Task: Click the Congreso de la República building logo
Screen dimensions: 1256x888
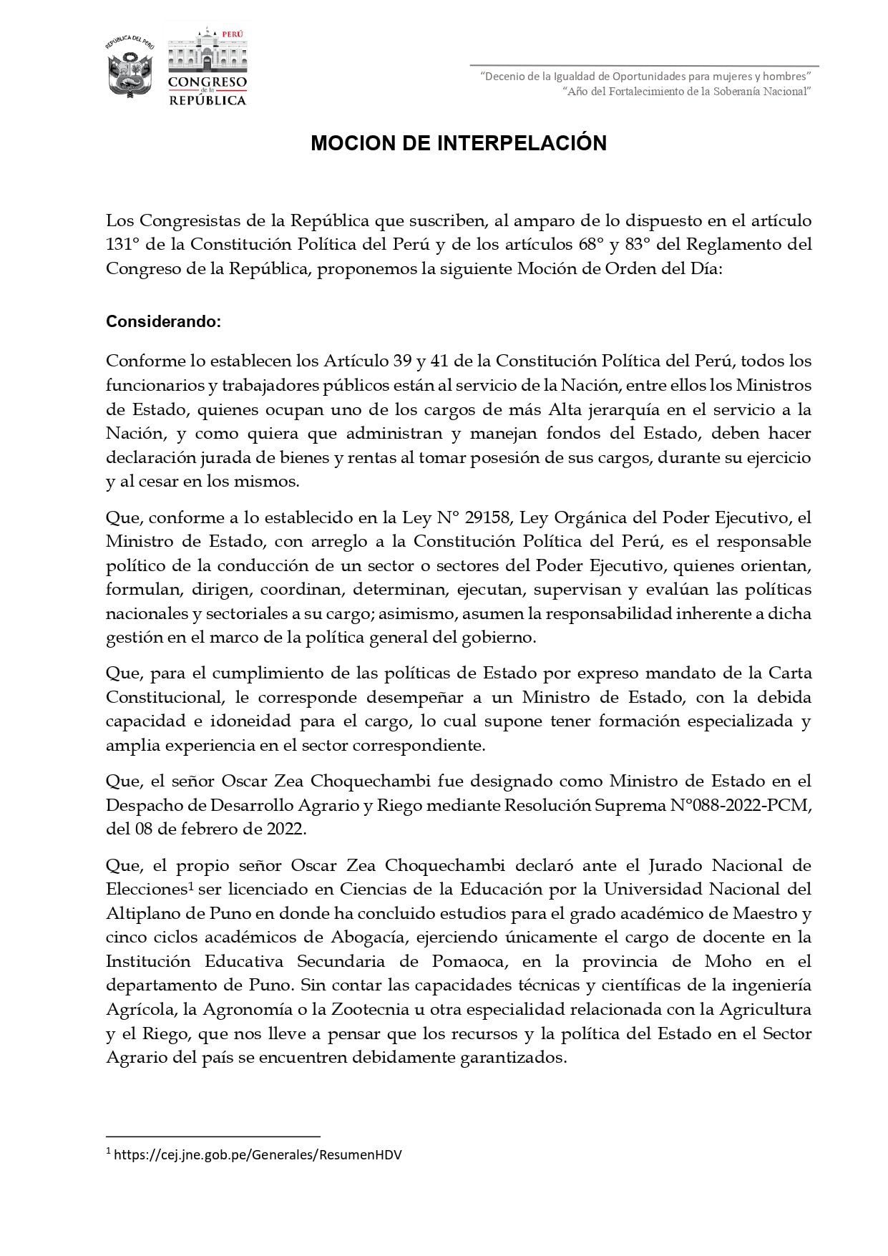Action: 207,66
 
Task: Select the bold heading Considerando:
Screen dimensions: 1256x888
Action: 164,322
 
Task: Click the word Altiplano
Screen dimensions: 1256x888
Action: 140,913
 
